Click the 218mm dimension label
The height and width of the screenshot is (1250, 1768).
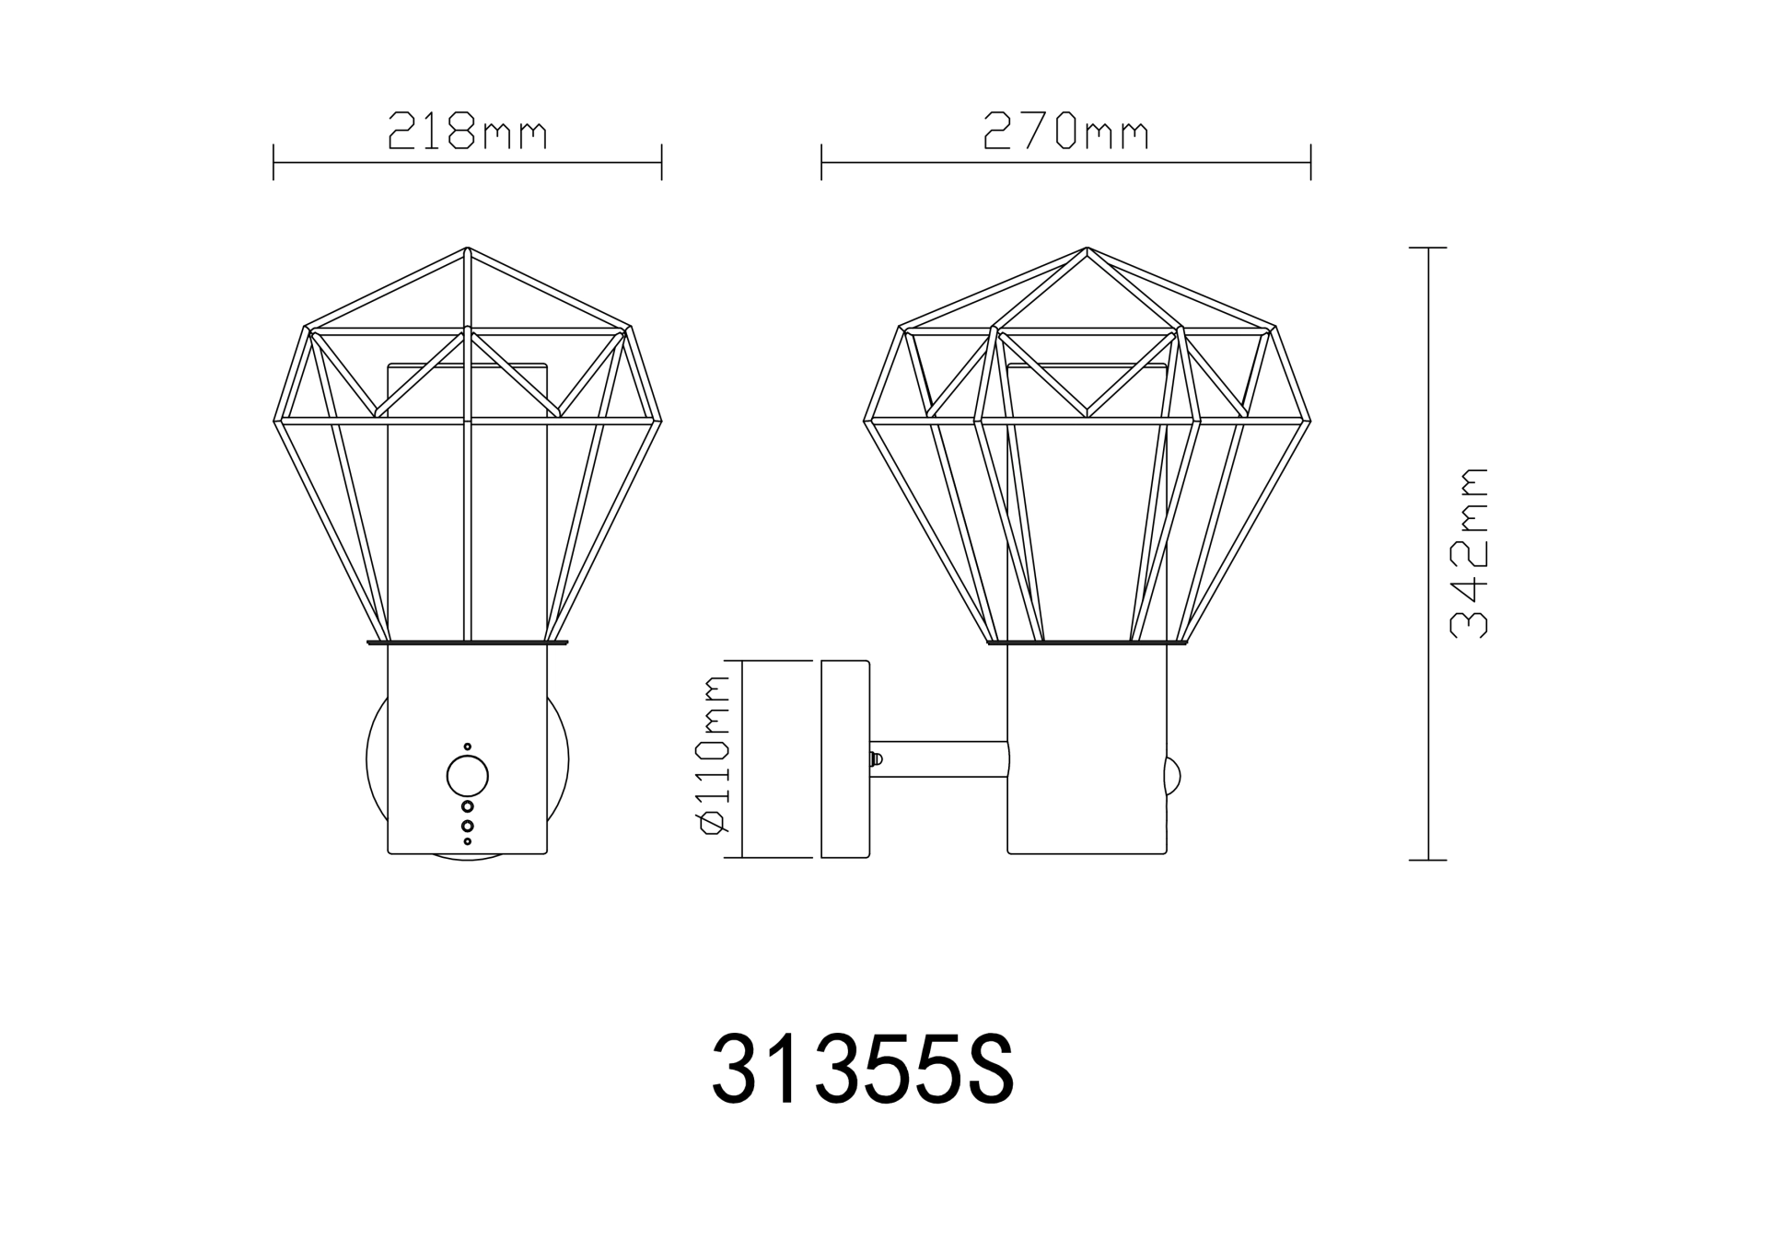point(468,132)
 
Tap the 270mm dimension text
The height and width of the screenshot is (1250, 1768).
point(1066,132)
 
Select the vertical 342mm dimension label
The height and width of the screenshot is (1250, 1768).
point(1469,553)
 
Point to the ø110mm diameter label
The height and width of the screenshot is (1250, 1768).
point(715,755)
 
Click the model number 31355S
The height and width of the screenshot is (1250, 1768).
point(863,1069)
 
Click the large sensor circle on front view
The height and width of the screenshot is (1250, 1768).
point(468,777)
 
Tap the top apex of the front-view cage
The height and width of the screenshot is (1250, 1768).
point(467,248)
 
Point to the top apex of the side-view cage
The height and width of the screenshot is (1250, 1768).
point(1087,248)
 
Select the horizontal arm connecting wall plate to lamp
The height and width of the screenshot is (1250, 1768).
point(939,759)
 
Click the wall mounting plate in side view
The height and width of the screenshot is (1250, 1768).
point(845,759)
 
